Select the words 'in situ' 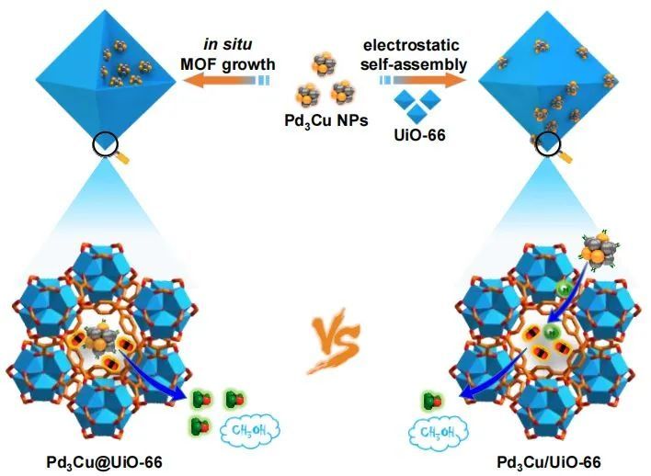(x=224, y=43)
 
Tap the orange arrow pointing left (x=220, y=81)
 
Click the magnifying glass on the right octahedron (x=549, y=145)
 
